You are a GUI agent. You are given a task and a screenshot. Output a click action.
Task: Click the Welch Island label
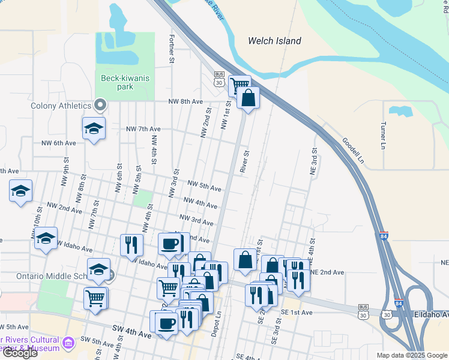coord(274,41)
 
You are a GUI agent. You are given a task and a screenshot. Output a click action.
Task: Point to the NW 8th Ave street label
coord(185,101)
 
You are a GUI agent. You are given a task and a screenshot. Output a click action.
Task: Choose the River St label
coord(244,162)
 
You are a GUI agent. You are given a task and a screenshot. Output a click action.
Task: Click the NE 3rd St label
coord(313,161)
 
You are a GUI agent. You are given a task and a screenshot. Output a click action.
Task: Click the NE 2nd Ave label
coord(328,272)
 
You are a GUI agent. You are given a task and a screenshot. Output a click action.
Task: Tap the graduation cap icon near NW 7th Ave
coord(94,128)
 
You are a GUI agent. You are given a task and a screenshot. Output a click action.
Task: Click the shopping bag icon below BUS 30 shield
coord(248,97)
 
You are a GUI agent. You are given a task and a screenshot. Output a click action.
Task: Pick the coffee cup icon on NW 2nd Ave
coord(171,244)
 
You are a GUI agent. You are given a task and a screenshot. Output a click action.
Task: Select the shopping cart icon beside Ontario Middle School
coord(96,297)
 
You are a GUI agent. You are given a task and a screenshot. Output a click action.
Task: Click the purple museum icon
coord(67,342)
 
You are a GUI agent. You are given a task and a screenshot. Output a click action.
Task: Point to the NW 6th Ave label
coord(59,143)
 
